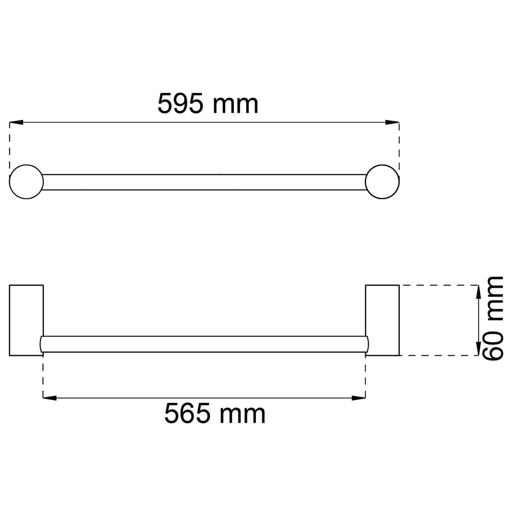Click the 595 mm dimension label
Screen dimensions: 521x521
[x=208, y=104]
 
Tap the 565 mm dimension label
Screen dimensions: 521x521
[x=214, y=413]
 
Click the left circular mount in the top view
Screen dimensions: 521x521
[x=26, y=165]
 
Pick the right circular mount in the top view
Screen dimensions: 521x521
[x=382, y=165]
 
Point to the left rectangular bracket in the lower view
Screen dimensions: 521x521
[x=10, y=320]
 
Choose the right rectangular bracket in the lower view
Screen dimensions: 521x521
[x=399, y=320]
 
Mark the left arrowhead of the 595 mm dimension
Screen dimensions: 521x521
[x=16, y=122]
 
